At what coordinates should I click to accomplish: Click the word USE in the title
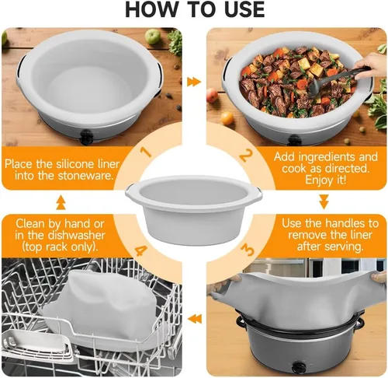coord(242,9)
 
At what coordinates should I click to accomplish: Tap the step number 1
coord(147,152)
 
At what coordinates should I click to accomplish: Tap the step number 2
coord(245,156)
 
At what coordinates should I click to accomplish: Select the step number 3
coord(248,250)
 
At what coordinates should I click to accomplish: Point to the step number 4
coord(141,250)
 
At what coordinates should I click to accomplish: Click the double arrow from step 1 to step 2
coord(194,82)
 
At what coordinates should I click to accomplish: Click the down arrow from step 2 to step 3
coord(324,201)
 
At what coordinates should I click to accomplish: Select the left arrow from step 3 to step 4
coord(195,319)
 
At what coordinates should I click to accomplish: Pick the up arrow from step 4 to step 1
coord(61,202)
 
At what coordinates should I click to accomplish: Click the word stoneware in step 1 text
coord(85,176)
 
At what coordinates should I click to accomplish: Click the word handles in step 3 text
coord(343,223)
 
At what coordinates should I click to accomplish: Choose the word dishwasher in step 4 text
coord(77,236)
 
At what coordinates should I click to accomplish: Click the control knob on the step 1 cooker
coord(85,137)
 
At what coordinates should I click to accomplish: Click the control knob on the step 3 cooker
coord(300,367)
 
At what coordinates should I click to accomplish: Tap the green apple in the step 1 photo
coord(152,37)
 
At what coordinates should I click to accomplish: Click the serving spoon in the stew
coord(339,78)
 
